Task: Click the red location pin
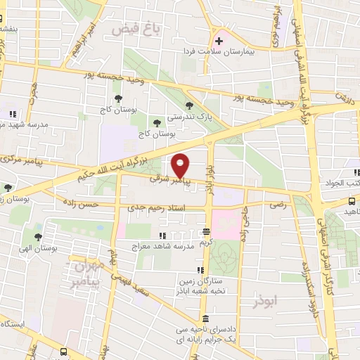(181, 165)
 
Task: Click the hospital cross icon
(219, 40)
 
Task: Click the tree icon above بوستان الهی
(38, 237)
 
